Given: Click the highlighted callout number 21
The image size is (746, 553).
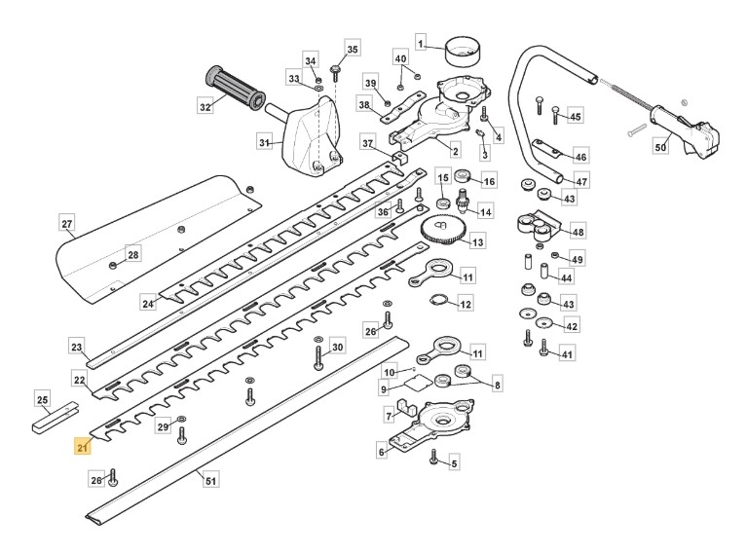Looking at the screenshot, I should click(82, 447).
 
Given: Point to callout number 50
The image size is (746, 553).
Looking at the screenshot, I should click(660, 147).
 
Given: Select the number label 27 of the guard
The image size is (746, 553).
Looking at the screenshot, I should click(67, 224).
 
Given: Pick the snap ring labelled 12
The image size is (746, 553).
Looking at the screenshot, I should click(438, 304).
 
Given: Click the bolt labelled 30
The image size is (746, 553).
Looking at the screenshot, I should click(317, 358).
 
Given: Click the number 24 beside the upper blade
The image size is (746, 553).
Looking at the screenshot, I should click(148, 304).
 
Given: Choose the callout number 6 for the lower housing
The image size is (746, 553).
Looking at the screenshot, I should click(381, 452).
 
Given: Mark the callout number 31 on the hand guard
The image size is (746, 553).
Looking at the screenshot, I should click(264, 143).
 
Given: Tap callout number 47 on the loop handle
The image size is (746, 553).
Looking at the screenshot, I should click(581, 181).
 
